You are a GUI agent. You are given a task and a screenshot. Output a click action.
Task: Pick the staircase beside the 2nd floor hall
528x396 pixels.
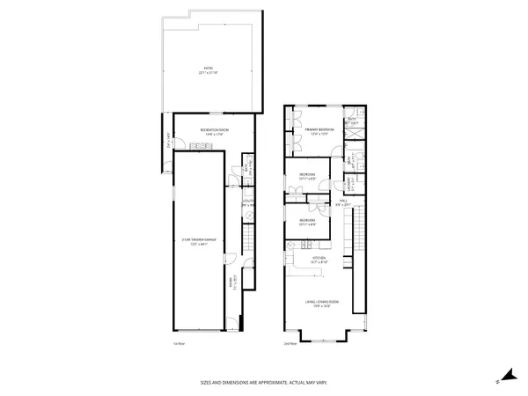click(346, 231)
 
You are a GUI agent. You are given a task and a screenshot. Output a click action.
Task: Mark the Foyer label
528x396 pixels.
click(233, 283)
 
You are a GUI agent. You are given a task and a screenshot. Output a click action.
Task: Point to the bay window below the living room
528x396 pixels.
click(320, 335)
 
